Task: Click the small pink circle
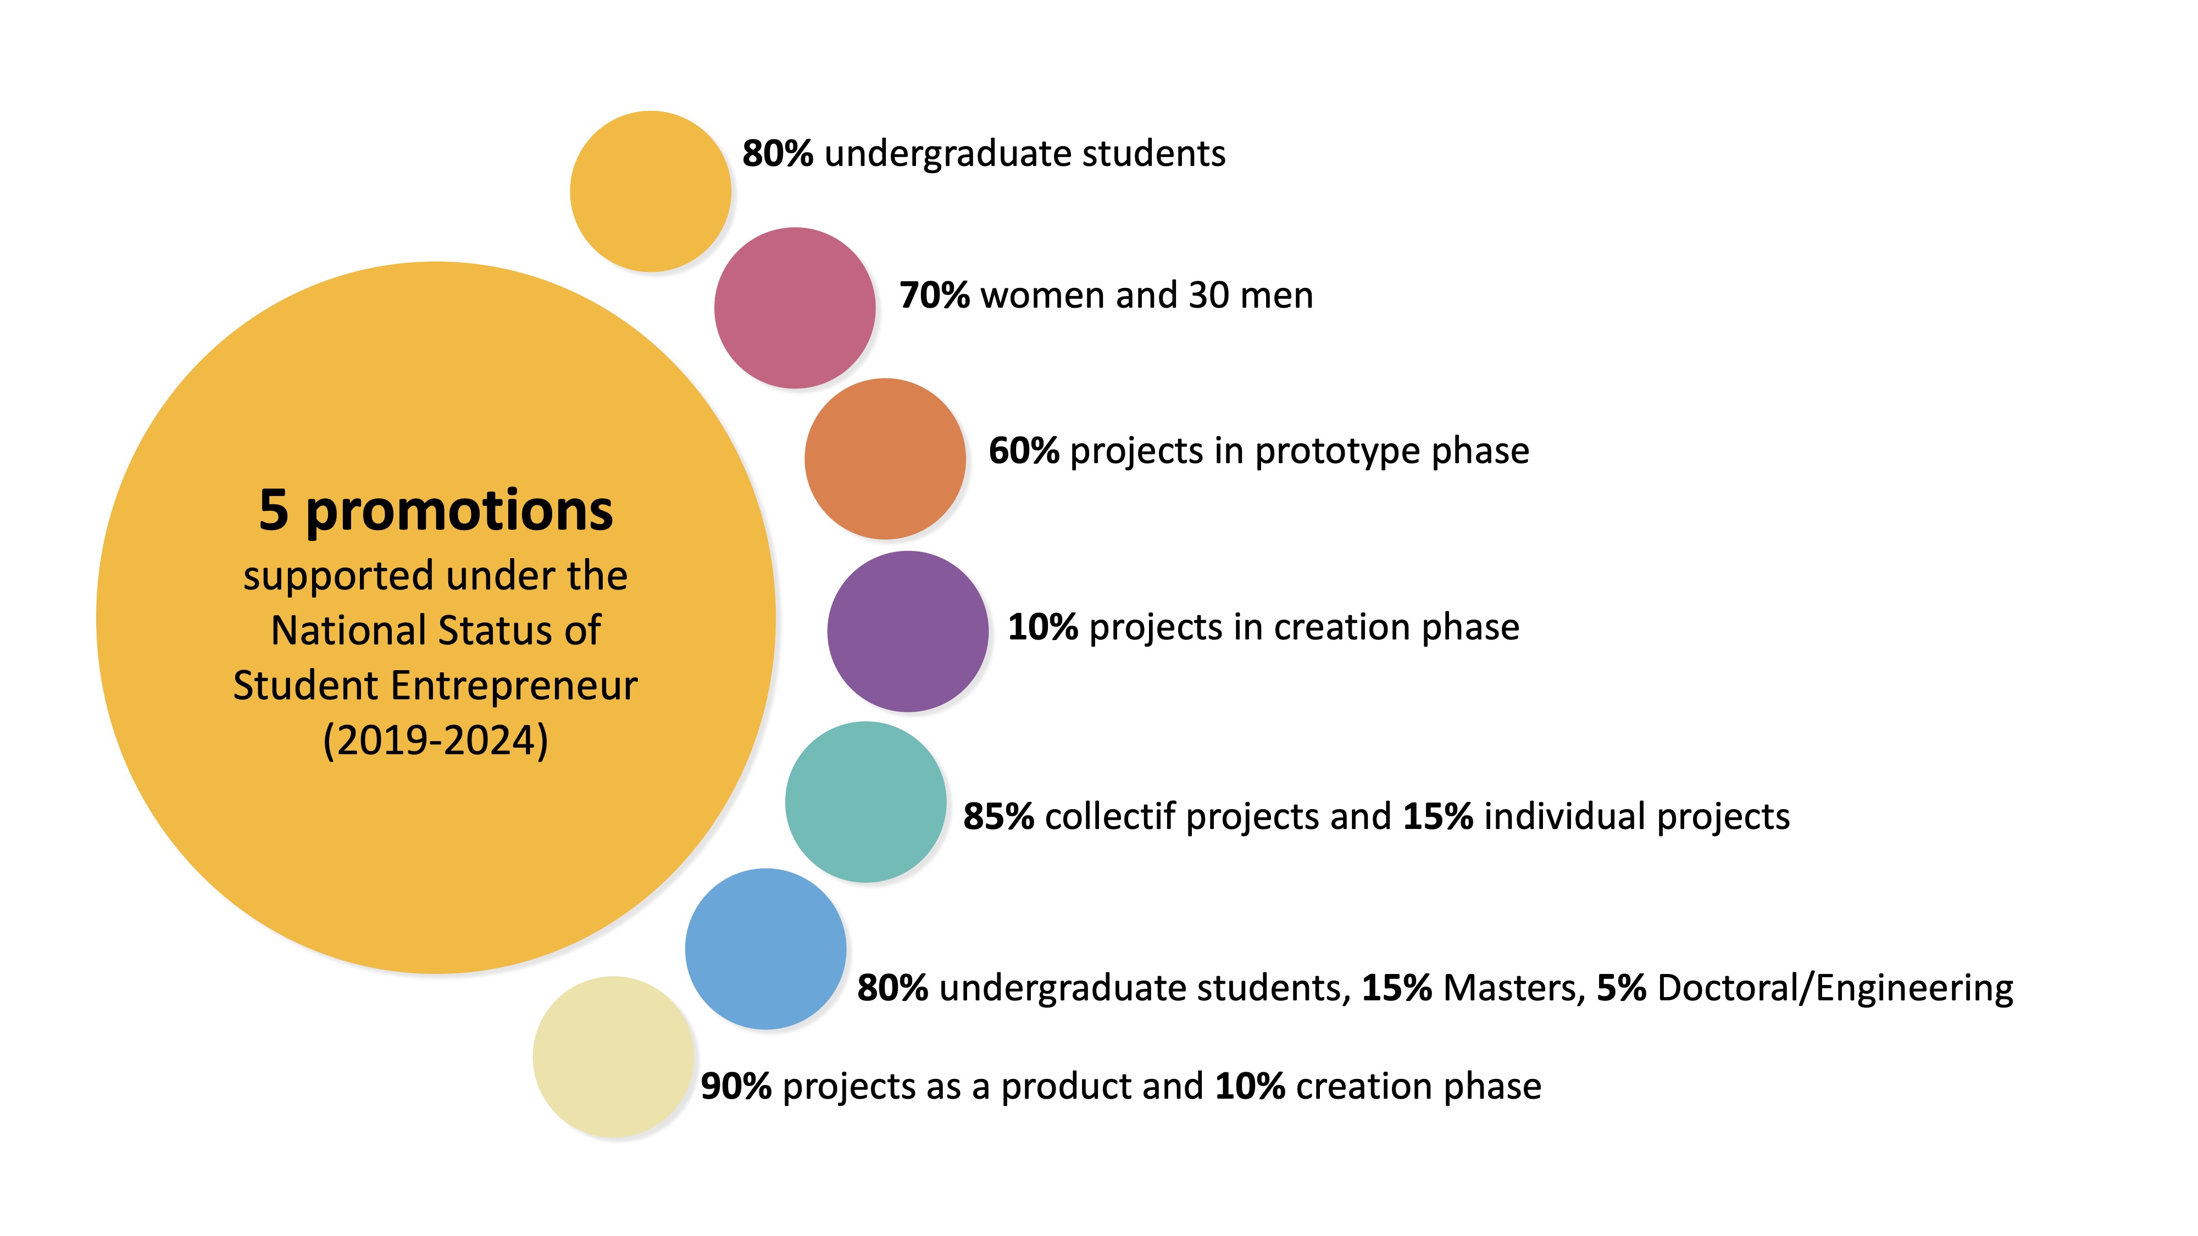pyautogui.click(x=795, y=308)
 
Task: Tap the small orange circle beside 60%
pyautogui.click(x=885, y=459)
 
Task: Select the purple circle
pyautogui.click(x=908, y=631)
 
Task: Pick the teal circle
pyautogui.click(x=865, y=802)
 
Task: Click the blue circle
pyautogui.click(x=765, y=949)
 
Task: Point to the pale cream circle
pyautogui.click(x=613, y=1057)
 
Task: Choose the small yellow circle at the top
pyautogui.click(x=650, y=191)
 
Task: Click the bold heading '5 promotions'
pyautogui.click(x=436, y=511)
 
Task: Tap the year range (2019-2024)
pyautogui.click(x=436, y=739)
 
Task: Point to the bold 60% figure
pyautogui.click(x=1024, y=451)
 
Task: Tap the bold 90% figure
pyautogui.click(x=736, y=1087)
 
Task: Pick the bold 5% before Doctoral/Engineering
pyautogui.click(x=1621, y=988)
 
